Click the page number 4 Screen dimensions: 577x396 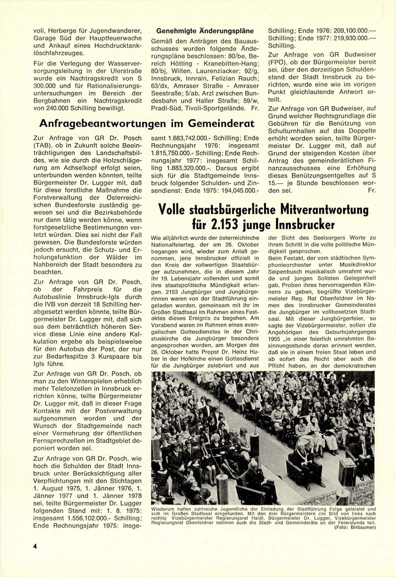point(35,547)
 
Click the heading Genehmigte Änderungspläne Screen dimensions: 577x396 point(205,31)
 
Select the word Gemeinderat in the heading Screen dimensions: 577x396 point(221,124)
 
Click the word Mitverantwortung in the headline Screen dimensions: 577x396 point(324,210)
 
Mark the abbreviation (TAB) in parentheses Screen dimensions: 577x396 point(42,145)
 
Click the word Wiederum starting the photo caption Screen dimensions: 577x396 point(163,509)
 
